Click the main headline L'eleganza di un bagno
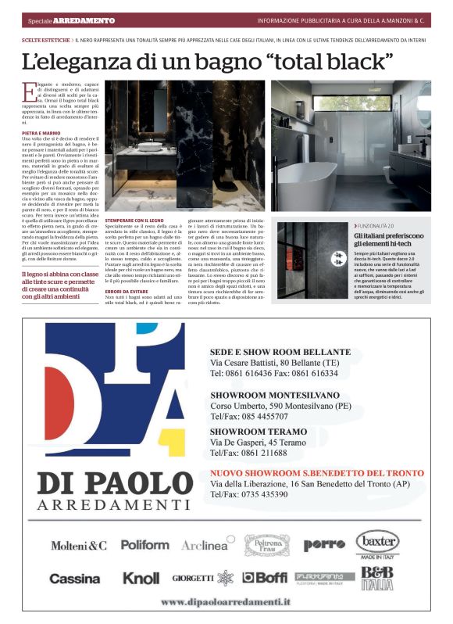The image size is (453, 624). coord(208,60)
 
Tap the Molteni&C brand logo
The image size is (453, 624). coord(79,544)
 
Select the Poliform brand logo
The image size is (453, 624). coord(144,544)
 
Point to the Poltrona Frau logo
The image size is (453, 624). coord(268,544)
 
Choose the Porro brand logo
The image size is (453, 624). coord(324,544)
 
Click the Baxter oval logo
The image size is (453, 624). coord(377,541)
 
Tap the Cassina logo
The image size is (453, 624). coord(75,579)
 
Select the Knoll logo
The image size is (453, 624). coord(141,579)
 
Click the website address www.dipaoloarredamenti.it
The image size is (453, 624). coord(226,602)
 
